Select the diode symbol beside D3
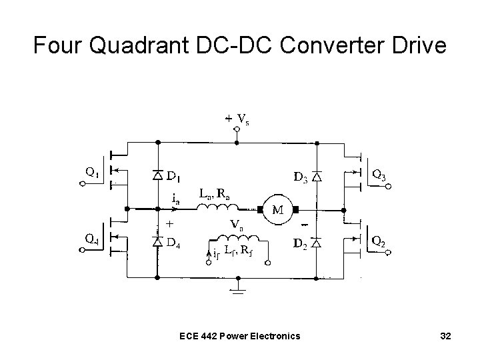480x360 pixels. pyautogui.click(x=317, y=177)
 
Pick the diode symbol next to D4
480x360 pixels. pyautogui.click(x=158, y=240)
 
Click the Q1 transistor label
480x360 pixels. pyautogui.click(x=93, y=171)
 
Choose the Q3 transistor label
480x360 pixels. pyautogui.click(x=379, y=176)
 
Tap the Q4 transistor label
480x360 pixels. pyautogui.click(x=93, y=238)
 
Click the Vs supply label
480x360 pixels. pyautogui.click(x=244, y=120)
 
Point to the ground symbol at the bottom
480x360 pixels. pyautogui.click(x=236, y=288)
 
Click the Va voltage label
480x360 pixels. pyautogui.click(x=235, y=225)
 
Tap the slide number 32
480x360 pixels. pyautogui.click(x=445, y=335)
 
